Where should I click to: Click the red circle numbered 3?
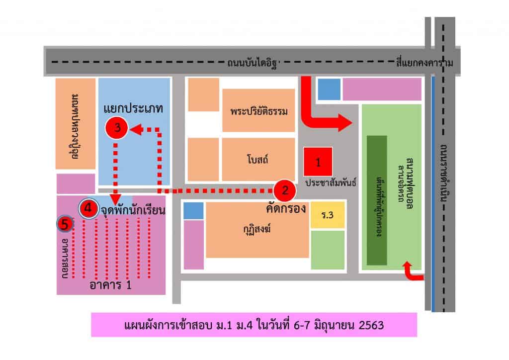coord(118,128)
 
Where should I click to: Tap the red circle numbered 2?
coord(285,190)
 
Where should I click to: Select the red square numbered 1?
coord(318,162)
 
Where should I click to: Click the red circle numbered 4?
coord(88,208)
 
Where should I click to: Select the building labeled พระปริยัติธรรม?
coord(259,110)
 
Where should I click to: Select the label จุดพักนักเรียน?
coord(133,210)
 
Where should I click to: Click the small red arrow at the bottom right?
coord(412,272)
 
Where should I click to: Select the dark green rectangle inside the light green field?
coord(377,200)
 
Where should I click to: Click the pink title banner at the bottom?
coord(254,326)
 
